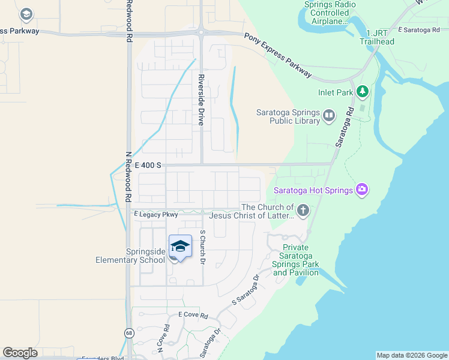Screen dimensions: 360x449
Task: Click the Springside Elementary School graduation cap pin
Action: click(x=180, y=247)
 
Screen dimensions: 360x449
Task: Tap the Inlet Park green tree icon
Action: click(x=362, y=92)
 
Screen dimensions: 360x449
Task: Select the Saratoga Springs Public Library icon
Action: click(x=328, y=115)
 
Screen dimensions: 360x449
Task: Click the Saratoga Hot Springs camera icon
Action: click(x=361, y=190)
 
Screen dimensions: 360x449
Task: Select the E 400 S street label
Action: click(x=148, y=164)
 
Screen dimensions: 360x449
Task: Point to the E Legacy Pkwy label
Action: click(x=156, y=214)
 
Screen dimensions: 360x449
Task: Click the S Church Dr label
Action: click(x=203, y=248)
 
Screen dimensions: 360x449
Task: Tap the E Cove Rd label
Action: click(x=193, y=315)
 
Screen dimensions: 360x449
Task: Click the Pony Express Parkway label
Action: click(x=277, y=55)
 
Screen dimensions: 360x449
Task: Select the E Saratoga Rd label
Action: click(x=422, y=29)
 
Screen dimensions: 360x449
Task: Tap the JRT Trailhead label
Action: click(x=377, y=37)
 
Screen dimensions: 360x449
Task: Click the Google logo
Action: click(x=20, y=353)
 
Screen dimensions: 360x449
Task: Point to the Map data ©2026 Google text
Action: click(x=412, y=355)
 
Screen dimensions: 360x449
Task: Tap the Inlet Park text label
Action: click(x=336, y=93)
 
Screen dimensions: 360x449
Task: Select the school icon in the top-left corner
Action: click(x=26, y=13)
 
